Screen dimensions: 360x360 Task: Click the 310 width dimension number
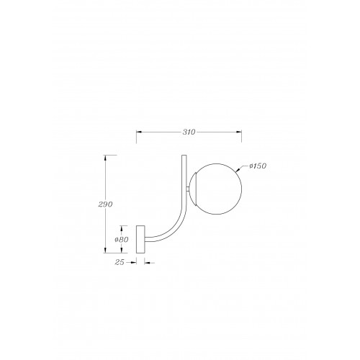click(189, 132)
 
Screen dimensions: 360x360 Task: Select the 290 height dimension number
click(105, 204)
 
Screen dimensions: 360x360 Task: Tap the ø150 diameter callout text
click(258, 166)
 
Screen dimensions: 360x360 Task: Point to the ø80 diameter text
click(122, 239)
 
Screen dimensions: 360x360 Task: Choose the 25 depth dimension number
click(120, 263)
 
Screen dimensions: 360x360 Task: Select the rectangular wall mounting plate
click(140, 239)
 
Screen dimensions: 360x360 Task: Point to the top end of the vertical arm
click(184, 156)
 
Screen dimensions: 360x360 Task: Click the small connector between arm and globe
click(188, 189)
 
